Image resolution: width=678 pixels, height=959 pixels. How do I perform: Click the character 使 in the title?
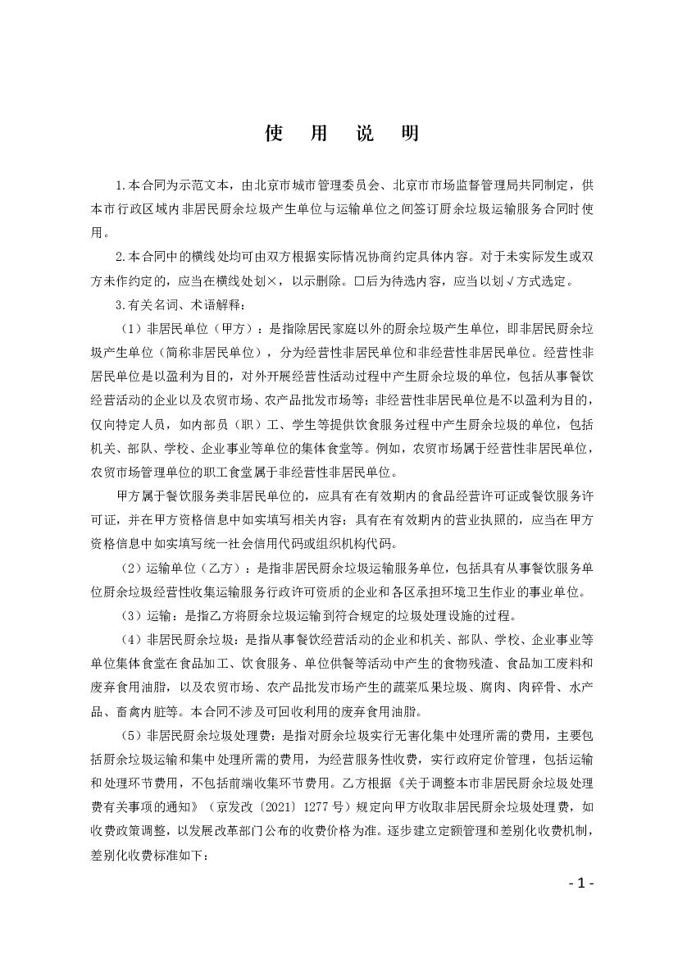[x=274, y=135]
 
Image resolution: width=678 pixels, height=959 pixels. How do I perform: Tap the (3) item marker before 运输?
[x=132, y=615]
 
